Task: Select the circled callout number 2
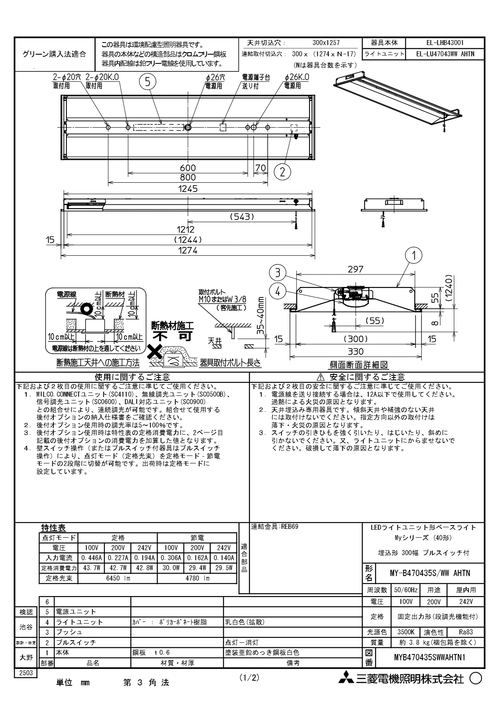[x=282, y=171]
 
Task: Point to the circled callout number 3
[x=277, y=273]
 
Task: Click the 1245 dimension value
[x=188, y=189]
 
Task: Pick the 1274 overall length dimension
[x=188, y=250]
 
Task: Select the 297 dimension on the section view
[x=355, y=269]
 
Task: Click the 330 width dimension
[x=355, y=352]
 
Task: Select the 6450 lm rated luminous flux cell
[x=117, y=578]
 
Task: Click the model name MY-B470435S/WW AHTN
[x=430, y=573]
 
